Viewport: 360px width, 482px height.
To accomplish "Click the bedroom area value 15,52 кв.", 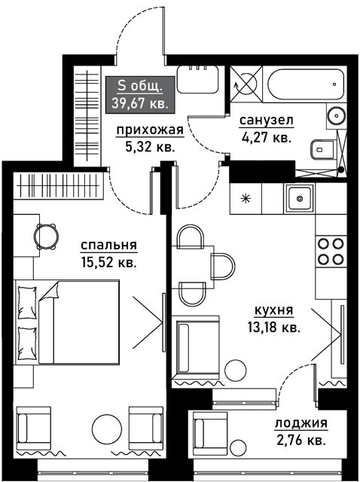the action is (x=109, y=263).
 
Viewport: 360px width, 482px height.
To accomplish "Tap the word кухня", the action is (x=274, y=311).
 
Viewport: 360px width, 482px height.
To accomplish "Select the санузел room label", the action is (x=266, y=120).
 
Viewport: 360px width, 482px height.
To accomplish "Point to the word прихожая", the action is (x=150, y=130).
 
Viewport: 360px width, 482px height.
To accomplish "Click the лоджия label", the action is (x=301, y=423).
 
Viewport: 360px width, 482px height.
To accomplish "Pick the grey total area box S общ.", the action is (x=140, y=94).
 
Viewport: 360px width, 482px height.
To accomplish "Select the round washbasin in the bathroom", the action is (x=337, y=115).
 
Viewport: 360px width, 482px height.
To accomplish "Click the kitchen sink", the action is (x=300, y=199).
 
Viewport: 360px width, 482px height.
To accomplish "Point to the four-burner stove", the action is (x=331, y=252).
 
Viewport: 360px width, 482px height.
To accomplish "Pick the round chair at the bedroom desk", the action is (x=46, y=236).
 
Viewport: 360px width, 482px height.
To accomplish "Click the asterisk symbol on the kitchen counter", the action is (x=246, y=198).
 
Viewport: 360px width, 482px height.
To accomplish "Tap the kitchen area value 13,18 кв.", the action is (x=274, y=328).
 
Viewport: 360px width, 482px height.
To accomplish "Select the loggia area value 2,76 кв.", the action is (x=301, y=440).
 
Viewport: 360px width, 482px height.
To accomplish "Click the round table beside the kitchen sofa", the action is (x=236, y=371).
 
